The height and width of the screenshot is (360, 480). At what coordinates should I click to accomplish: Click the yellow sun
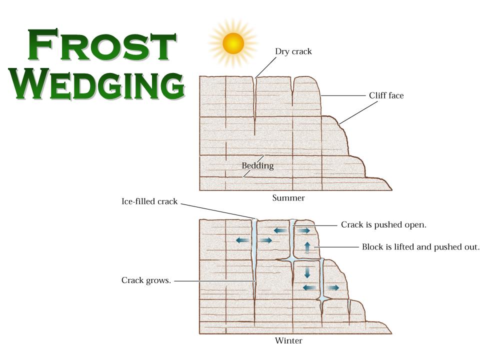[x=233, y=43]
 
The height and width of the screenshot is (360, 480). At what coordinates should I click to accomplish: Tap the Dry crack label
[x=293, y=51]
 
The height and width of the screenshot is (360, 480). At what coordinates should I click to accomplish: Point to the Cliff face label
[x=386, y=95]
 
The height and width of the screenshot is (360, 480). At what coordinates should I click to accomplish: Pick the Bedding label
[x=257, y=165]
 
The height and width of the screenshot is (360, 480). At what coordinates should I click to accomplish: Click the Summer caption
[x=288, y=198]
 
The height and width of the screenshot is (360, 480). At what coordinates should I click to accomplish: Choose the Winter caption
[x=288, y=341]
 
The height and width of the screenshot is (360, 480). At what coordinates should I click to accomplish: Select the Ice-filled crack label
[x=149, y=202]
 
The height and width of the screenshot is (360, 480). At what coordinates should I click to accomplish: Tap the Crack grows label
[x=146, y=280]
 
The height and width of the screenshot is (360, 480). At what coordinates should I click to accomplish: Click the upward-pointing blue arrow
[x=307, y=247]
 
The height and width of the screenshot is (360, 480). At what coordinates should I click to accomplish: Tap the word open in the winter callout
[x=414, y=225]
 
